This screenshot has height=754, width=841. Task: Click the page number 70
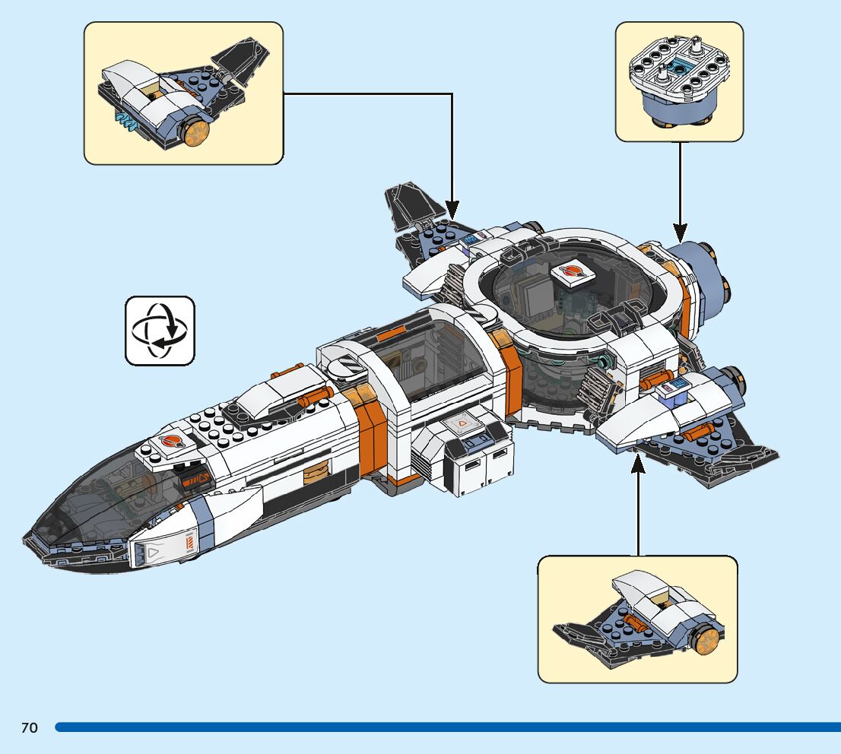(29, 728)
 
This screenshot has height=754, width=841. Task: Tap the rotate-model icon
(160, 331)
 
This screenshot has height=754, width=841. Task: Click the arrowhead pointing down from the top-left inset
(452, 208)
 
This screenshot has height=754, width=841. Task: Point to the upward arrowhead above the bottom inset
(638, 464)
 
